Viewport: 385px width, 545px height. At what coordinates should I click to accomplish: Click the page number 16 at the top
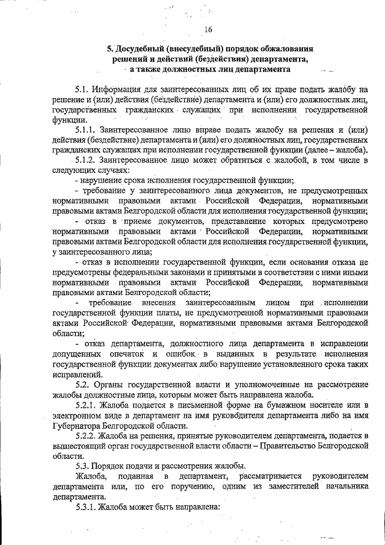tap(208, 30)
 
